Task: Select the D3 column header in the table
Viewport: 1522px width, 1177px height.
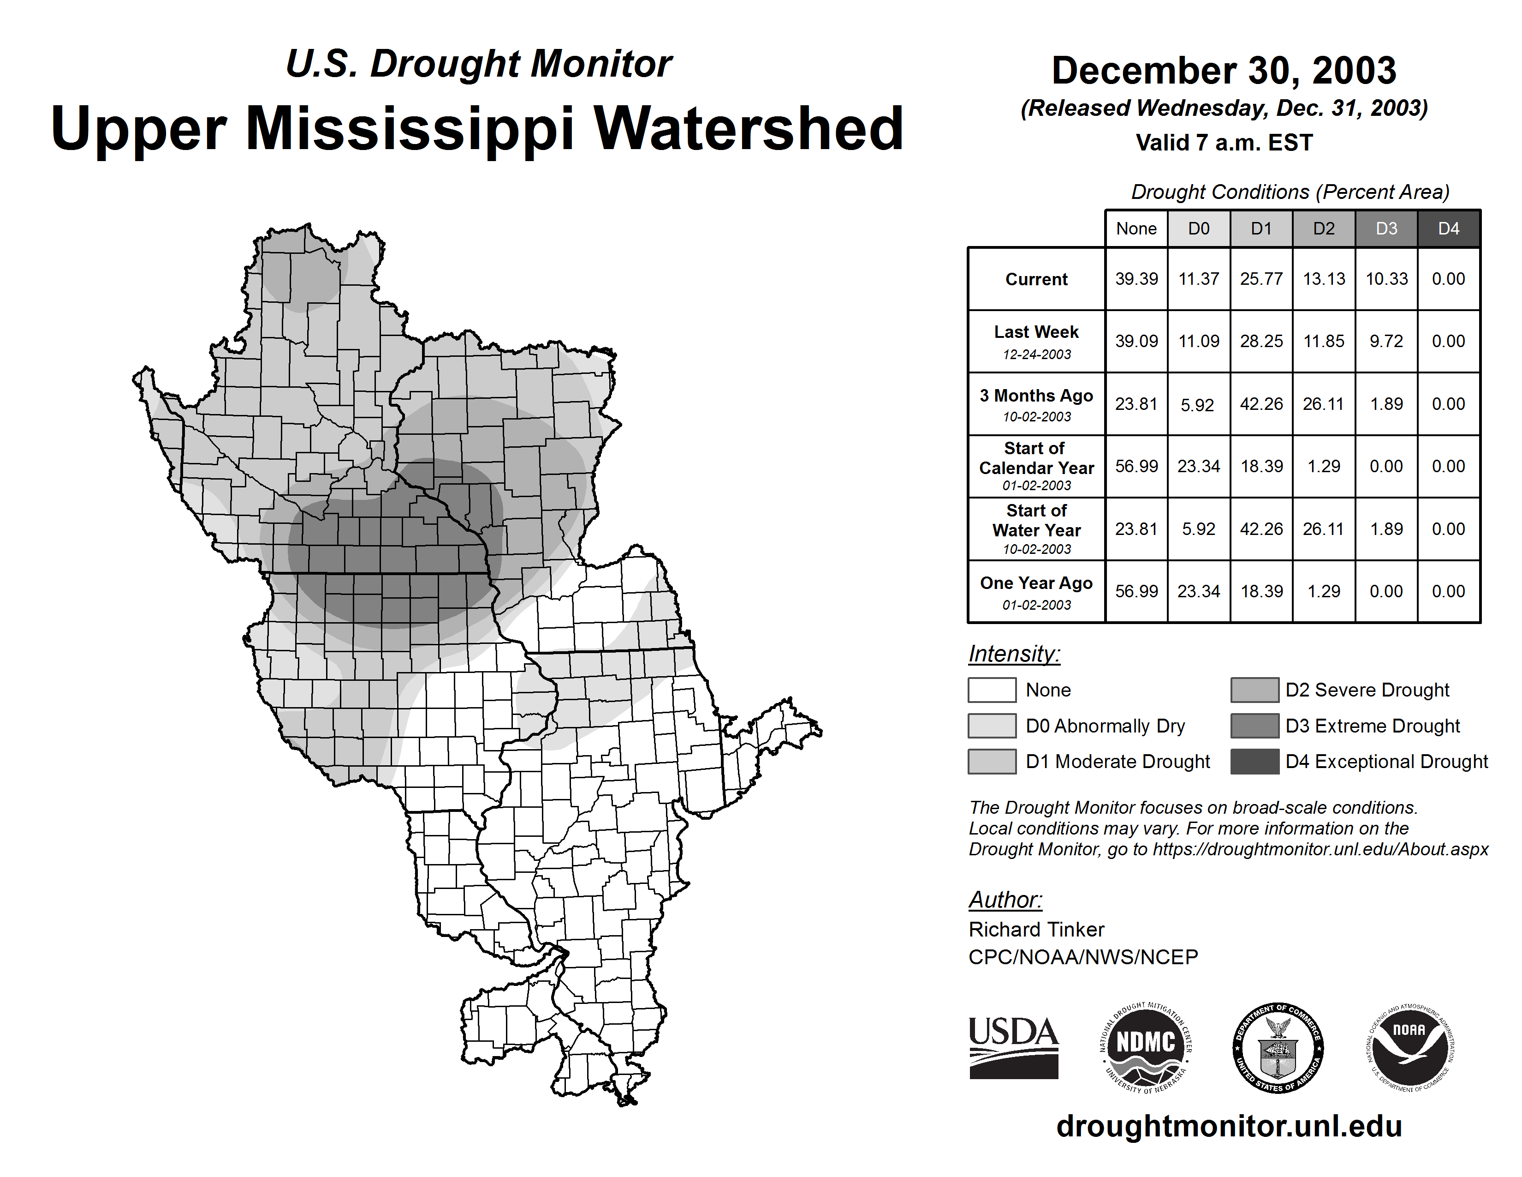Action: coord(1386,228)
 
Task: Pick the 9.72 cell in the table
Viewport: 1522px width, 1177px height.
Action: coord(1386,342)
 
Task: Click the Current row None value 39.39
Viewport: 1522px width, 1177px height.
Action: coord(1136,279)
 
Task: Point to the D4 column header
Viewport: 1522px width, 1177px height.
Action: coord(1448,228)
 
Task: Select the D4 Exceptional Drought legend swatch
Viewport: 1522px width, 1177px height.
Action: coord(1254,762)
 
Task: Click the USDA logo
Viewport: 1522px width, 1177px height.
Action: coord(1013,1047)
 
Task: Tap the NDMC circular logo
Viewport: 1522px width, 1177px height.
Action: coord(1146,1047)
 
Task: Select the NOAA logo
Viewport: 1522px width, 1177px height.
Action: coord(1409,1047)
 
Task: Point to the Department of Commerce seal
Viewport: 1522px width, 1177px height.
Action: coord(1278,1047)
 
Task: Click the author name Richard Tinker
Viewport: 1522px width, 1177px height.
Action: coord(1036,930)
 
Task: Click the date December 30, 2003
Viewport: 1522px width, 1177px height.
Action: coord(1224,71)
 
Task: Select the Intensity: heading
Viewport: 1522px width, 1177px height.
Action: coord(1014,654)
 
